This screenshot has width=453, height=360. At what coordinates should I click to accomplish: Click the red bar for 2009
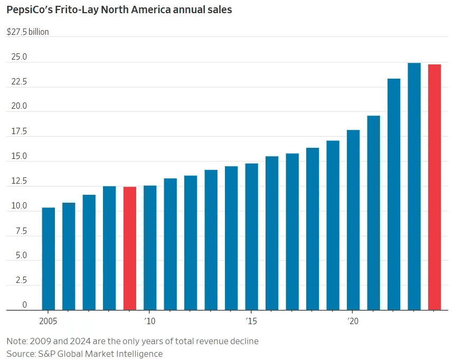click(x=130, y=248)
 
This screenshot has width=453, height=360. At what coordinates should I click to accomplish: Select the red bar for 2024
click(x=435, y=187)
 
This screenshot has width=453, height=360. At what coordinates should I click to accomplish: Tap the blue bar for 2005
click(x=49, y=259)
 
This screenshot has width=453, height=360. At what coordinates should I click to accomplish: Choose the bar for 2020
click(x=353, y=220)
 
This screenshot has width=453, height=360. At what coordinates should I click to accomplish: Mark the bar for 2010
click(x=150, y=248)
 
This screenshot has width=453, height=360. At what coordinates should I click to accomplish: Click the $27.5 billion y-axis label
click(x=27, y=32)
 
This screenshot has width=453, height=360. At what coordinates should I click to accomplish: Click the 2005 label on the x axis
click(x=49, y=321)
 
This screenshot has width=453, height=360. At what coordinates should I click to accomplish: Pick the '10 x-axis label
click(x=150, y=321)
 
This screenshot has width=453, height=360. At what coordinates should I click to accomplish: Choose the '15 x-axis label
click(x=252, y=321)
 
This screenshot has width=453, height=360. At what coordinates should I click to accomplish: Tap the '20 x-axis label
click(x=353, y=321)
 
